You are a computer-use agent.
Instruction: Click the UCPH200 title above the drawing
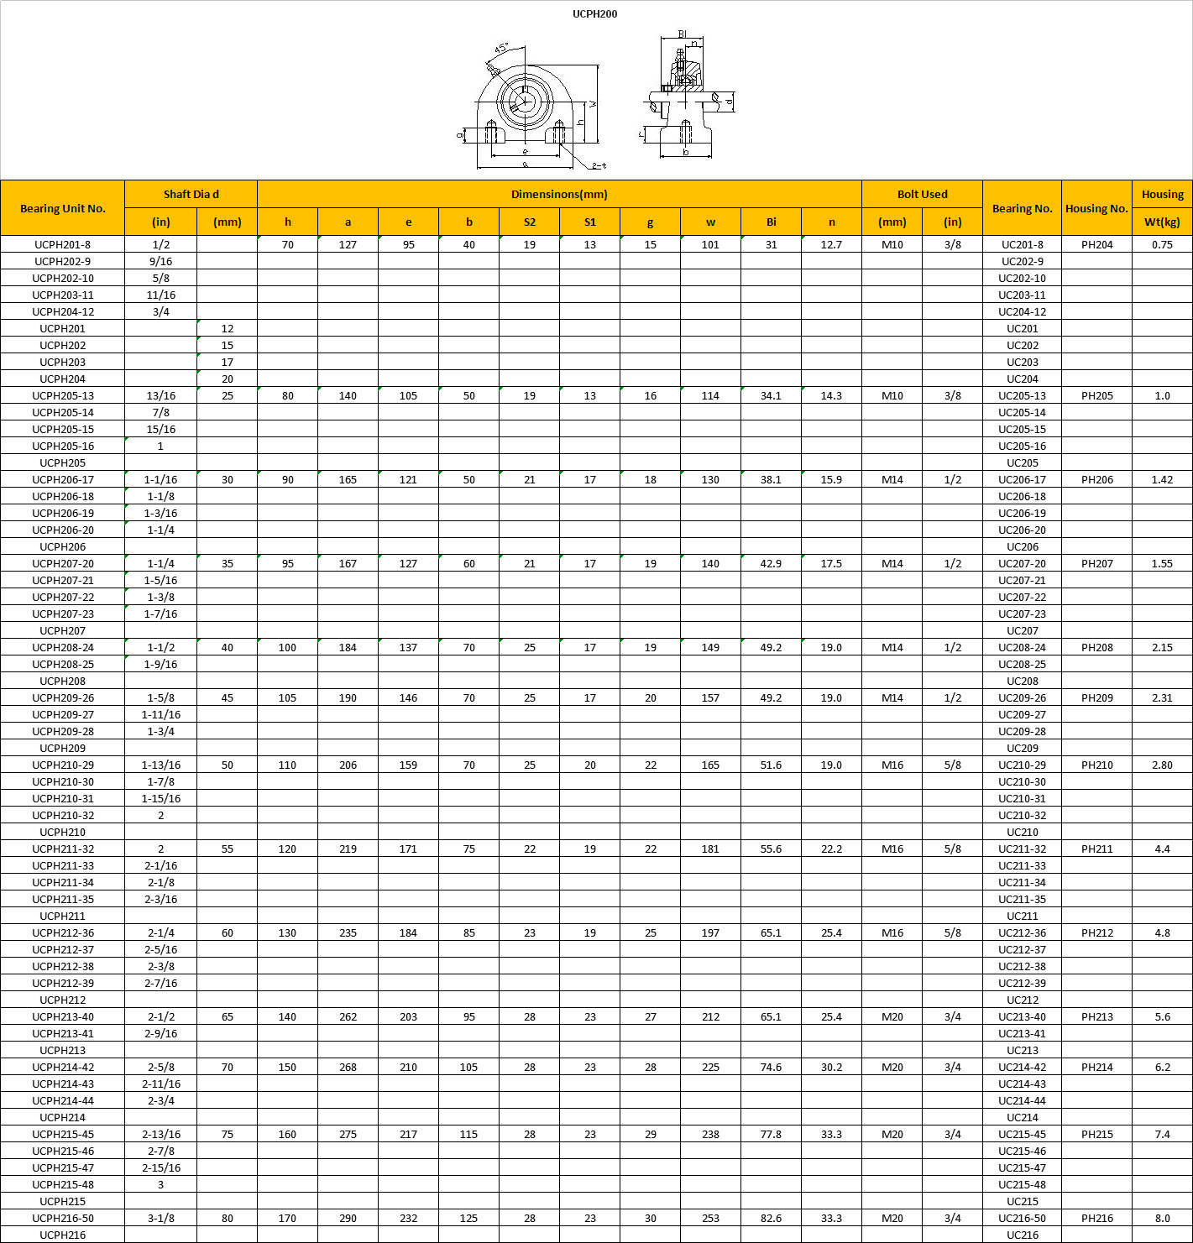(594, 14)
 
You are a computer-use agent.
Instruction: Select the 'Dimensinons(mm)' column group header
(559, 194)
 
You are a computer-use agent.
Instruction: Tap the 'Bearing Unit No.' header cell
(63, 208)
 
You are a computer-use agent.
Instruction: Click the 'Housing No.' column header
(1096, 208)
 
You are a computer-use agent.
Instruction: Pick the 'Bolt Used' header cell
(922, 194)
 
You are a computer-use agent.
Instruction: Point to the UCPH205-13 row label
(63, 395)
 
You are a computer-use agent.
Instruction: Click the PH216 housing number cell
(1096, 1218)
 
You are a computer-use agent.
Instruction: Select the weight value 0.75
(1162, 244)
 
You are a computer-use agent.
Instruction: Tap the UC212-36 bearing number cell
(1022, 932)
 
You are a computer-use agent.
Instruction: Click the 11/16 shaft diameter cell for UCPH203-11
(161, 295)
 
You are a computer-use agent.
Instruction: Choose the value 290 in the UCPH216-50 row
(348, 1218)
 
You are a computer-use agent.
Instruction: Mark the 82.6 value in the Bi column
(771, 1218)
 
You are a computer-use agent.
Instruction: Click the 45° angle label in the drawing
(501, 49)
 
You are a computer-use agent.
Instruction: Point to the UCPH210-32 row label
(63, 815)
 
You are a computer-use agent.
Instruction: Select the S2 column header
(529, 222)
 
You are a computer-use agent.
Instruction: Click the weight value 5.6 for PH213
(1162, 1016)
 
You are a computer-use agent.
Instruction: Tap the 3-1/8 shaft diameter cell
(161, 1218)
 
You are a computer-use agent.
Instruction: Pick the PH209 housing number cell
(1096, 697)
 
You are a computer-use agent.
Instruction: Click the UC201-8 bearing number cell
(1022, 244)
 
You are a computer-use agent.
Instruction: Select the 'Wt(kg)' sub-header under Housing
(1162, 222)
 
